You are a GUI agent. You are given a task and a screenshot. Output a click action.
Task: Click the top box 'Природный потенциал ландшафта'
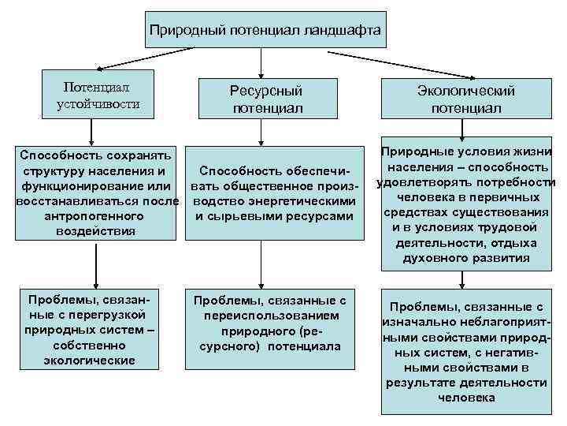point(266,31)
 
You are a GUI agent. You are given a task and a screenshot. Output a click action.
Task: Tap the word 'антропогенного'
point(94,215)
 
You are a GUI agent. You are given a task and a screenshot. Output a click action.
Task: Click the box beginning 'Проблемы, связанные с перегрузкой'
point(94,331)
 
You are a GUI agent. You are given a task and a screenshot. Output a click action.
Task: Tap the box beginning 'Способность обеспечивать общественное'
point(274,193)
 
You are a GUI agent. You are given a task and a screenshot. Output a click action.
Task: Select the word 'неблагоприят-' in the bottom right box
point(476,323)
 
